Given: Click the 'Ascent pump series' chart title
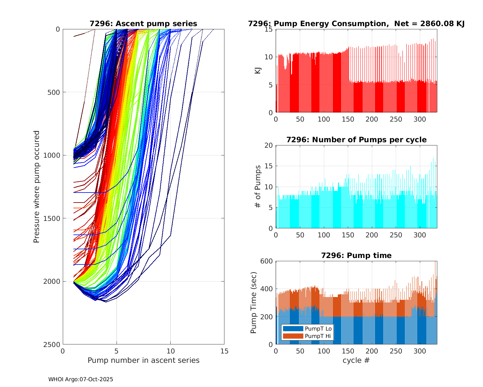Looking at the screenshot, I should (x=143, y=24).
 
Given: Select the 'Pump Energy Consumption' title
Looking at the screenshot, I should (x=356, y=24).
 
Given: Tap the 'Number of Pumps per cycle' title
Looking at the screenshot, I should (x=356, y=140).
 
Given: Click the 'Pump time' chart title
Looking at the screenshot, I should (x=356, y=256).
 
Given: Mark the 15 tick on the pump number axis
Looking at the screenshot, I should (x=224, y=351).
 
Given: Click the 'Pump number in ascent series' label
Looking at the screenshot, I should (x=143, y=361).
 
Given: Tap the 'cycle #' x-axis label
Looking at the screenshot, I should (x=356, y=361).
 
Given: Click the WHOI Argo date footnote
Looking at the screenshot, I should (x=80, y=380).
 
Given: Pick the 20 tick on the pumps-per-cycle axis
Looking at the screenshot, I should (x=269, y=145).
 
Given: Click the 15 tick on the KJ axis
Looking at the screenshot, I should (x=269, y=29).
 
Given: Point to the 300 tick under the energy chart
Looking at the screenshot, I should (x=420, y=119).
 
